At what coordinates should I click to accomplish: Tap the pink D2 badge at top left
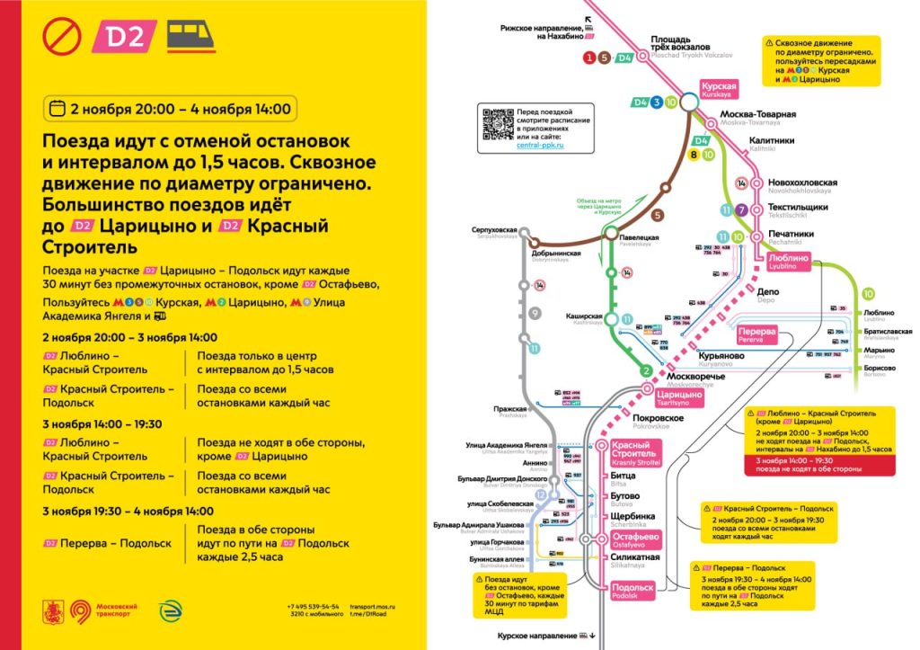click(126, 37)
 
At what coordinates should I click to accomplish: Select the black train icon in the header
click(191, 36)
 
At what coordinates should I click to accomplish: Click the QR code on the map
click(497, 124)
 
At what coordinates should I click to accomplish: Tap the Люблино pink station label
click(788, 260)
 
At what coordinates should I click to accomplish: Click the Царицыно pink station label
click(679, 397)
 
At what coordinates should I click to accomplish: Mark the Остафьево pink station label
click(635, 539)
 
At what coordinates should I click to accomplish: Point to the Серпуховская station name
click(496, 230)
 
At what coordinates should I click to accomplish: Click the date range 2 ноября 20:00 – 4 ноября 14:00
click(171, 109)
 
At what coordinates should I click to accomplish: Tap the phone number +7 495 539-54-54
click(313, 606)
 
